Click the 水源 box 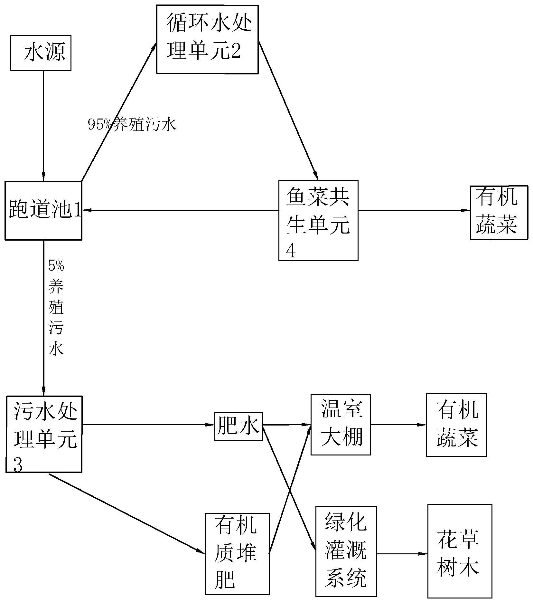pyautogui.click(x=41, y=53)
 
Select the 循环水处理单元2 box pyautogui.click(x=207, y=39)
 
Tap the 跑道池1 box pyautogui.click(x=43, y=210)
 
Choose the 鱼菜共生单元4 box pyautogui.click(x=318, y=220)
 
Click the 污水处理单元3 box pyautogui.click(x=44, y=434)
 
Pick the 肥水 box pyautogui.click(x=238, y=426)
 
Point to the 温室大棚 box pyautogui.click(x=341, y=425)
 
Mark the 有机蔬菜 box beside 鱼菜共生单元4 pyautogui.click(x=499, y=212)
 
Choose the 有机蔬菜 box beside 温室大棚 pyautogui.click(x=456, y=425)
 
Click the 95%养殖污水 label pyautogui.click(x=132, y=125)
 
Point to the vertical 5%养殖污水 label pyautogui.click(x=56, y=308)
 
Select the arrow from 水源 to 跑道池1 pyautogui.click(x=43, y=126)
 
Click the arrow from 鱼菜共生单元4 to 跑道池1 pyautogui.click(x=180, y=210)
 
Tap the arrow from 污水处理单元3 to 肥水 pyautogui.click(x=148, y=425)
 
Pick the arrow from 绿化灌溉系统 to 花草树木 pyautogui.click(x=402, y=554)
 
